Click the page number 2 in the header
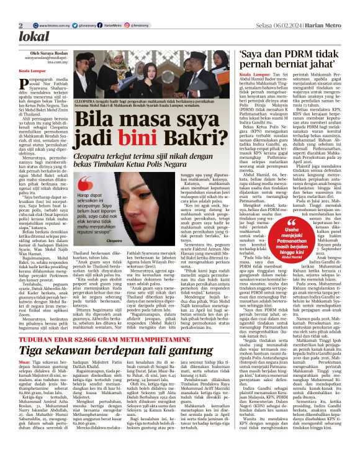coord(21,24)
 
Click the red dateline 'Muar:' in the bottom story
coord(24,345)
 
